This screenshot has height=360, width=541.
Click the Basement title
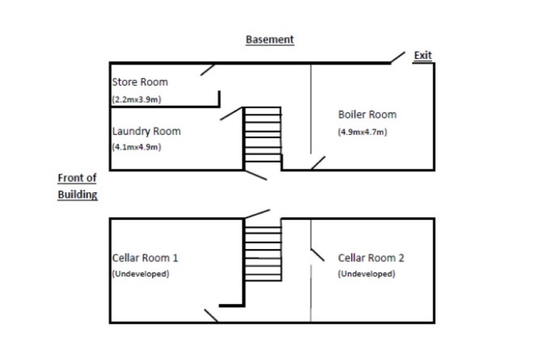click(x=269, y=40)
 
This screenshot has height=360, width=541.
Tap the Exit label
click(x=423, y=56)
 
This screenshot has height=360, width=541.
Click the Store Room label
click(x=140, y=82)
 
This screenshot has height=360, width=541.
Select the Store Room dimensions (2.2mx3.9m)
click(x=137, y=99)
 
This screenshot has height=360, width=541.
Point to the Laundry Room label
click(x=147, y=131)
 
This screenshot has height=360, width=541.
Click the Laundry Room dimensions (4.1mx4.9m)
click(x=137, y=147)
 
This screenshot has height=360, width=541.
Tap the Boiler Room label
click(x=367, y=115)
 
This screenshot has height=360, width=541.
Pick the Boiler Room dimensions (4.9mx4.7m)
click(x=362, y=132)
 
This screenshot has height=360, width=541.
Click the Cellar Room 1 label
click(x=145, y=258)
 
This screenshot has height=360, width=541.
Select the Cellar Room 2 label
click(x=371, y=258)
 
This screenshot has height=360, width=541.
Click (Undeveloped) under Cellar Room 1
click(x=141, y=274)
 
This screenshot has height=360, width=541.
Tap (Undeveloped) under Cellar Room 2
click(x=366, y=274)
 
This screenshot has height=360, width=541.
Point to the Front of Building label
click(x=78, y=186)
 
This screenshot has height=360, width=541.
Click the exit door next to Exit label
click(x=398, y=58)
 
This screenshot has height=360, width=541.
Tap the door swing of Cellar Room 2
click(x=318, y=255)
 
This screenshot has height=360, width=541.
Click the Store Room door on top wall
click(x=208, y=70)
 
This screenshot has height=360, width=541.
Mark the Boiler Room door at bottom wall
click(x=318, y=163)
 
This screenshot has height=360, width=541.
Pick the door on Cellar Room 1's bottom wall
click(x=211, y=315)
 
